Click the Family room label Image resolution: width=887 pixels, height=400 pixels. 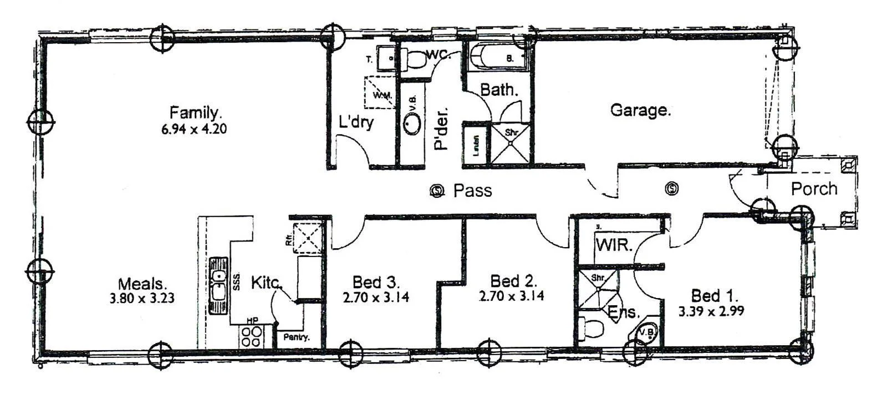tap(196, 112)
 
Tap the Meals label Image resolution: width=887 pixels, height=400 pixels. tap(142, 284)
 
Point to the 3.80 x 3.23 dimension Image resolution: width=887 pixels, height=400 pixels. tap(142, 299)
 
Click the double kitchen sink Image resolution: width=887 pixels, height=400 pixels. tap(219, 286)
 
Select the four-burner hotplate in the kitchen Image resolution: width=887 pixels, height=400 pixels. tap(252, 336)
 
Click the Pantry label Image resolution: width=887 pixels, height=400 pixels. tap(297, 337)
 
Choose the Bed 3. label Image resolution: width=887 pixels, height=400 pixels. tap(376, 281)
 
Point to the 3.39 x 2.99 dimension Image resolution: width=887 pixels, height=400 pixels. tap(711, 311)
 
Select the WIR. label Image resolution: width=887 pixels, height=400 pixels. tap(614, 245)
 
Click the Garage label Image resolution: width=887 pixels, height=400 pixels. tap(640, 110)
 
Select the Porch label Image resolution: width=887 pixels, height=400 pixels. tap(814, 189)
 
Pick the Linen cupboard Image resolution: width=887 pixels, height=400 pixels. tap(476, 145)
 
